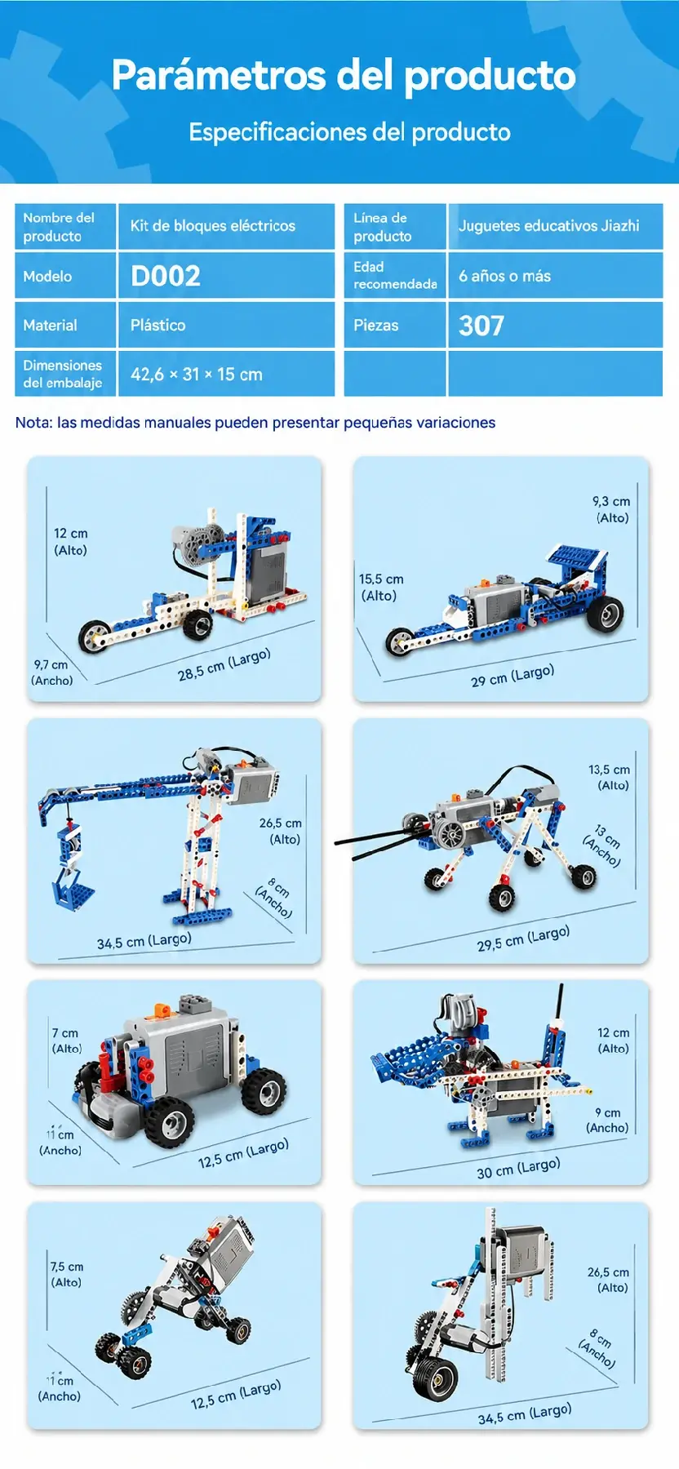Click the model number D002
point(166,276)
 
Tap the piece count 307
point(482,326)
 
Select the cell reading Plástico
point(158,325)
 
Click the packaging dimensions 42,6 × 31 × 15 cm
point(197,375)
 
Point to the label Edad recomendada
point(395,275)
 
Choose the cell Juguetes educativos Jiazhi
point(548,226)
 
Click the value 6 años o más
point(504,276)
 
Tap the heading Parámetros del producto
point(344,75)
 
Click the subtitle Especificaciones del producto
point(349,132)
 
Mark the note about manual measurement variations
point(255,423)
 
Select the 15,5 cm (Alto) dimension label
point(381,588)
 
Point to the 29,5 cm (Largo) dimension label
point(523,939)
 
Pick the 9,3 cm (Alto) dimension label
point(611,509)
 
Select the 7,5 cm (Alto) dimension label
point(67,1275)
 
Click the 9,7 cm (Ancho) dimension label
point(51,672)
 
